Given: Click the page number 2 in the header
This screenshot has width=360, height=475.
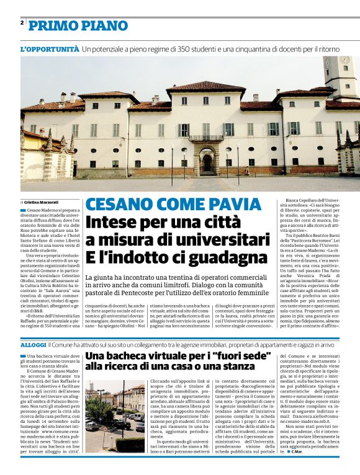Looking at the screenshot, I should (x=22, y=23).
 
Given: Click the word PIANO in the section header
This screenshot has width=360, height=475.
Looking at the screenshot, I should (x=102, y=25).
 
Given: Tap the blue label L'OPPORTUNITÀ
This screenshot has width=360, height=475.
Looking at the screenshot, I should (x=50, y=48).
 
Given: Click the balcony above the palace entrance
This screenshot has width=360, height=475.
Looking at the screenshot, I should (x=206, y=138).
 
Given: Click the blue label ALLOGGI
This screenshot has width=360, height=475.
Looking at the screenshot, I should (x=33, y=344).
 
